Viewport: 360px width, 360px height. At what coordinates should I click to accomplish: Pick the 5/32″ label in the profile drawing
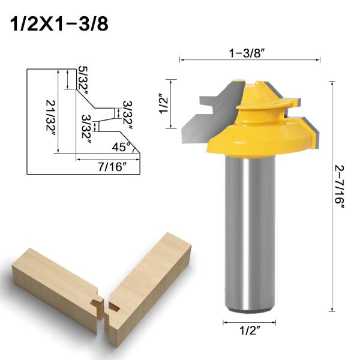point(84,77)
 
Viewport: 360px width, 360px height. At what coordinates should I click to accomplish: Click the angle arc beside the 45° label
point(135,148)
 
